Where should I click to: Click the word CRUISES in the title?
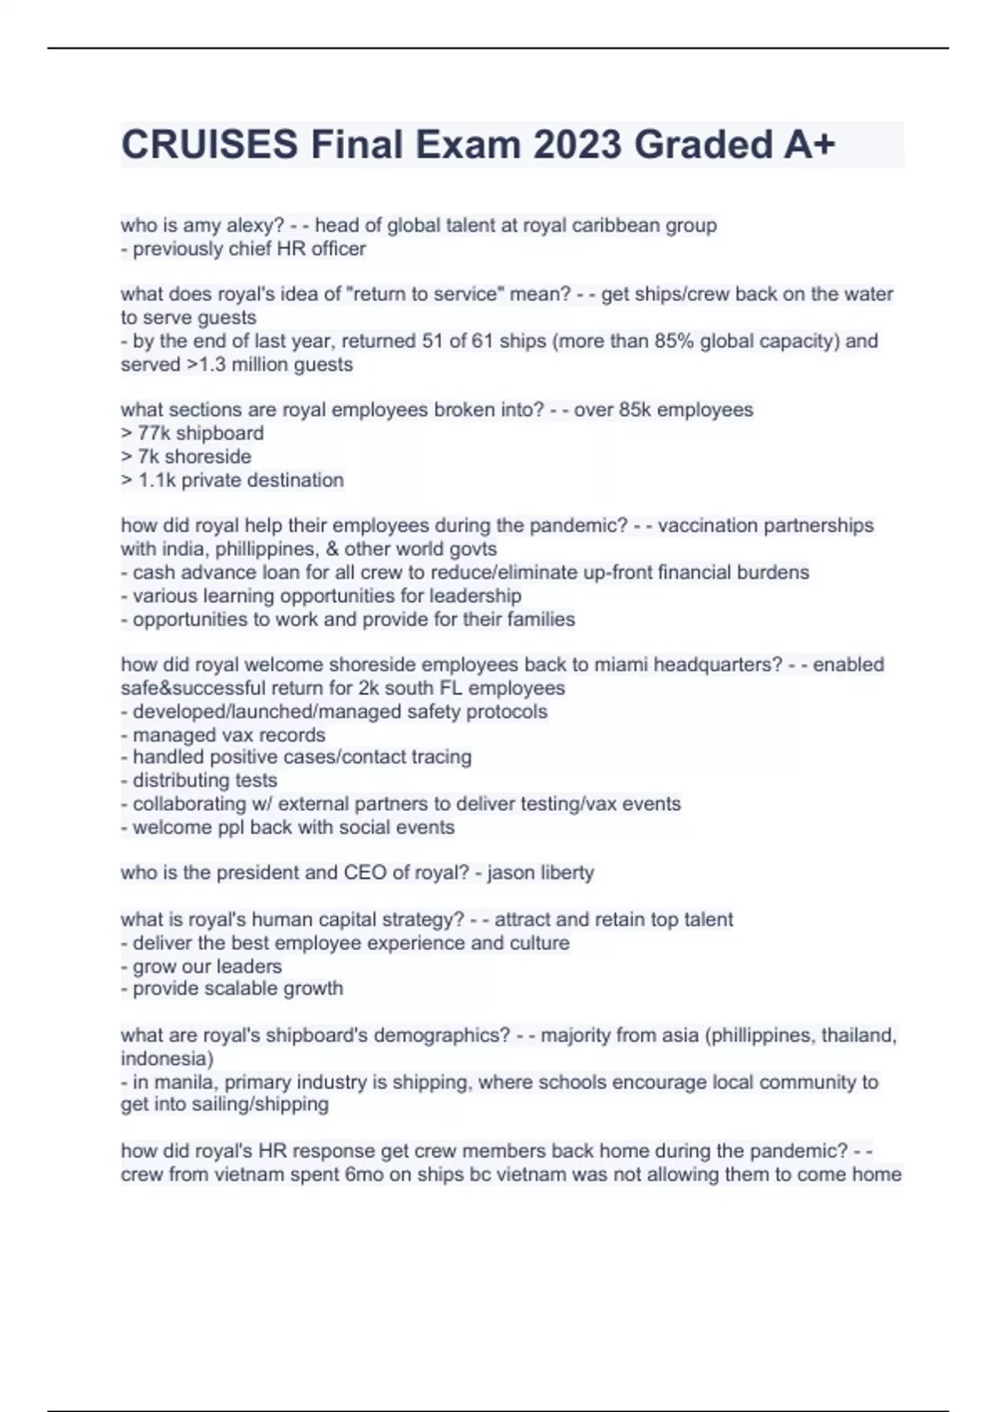(209, 145)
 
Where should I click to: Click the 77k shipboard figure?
(154, 433)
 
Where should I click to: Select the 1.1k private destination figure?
(157, 480)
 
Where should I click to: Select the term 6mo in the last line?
(364, 1174)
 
